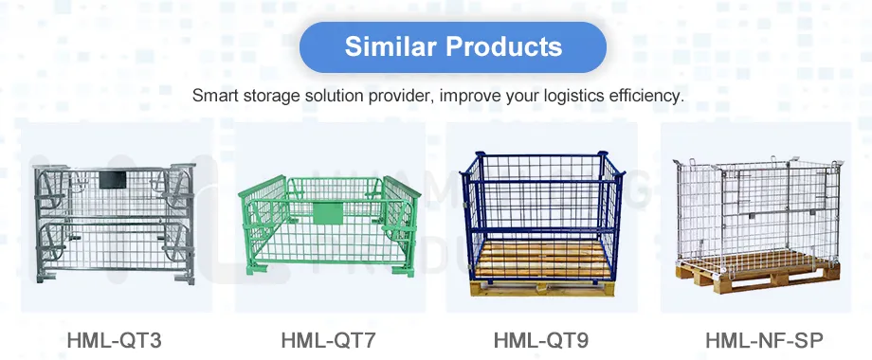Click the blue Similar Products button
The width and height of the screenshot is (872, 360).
[x=453, y=46]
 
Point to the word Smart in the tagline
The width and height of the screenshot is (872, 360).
[x=213, y=96]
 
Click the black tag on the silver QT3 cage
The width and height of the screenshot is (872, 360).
[x=112, y=178]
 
